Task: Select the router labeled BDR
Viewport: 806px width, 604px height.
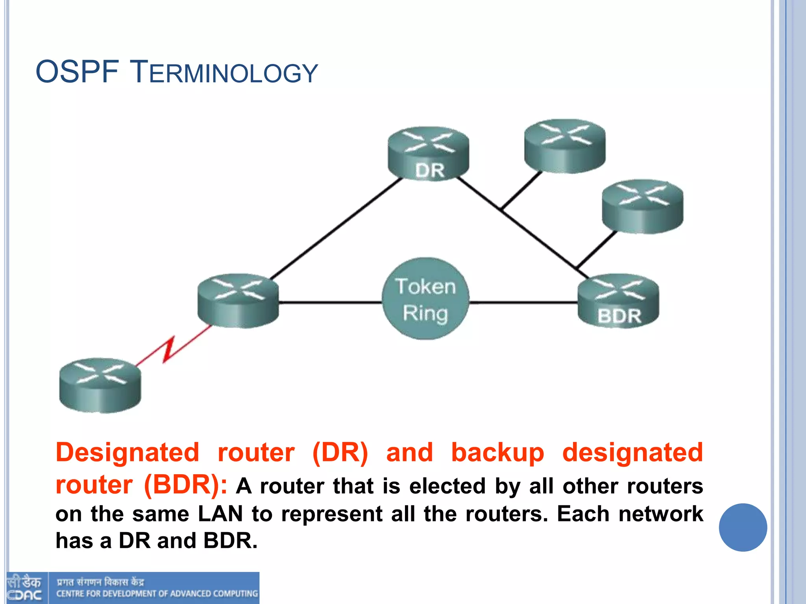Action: click(x=618, y=301)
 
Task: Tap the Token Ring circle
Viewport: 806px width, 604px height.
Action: click(x=425, y=299)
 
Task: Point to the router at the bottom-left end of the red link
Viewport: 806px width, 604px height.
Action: click(x=100, y=385)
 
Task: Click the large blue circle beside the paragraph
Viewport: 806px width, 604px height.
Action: click(x=743, y=527)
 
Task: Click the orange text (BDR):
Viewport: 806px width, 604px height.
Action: click(x=185, y=484)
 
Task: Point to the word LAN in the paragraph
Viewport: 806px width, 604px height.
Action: click(x=220, y=514)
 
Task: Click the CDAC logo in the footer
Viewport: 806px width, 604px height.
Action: click(x=24, y=588)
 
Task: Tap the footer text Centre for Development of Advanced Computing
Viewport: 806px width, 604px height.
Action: click(x=157, y=593)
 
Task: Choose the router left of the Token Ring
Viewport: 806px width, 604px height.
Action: click(x=238, y=301)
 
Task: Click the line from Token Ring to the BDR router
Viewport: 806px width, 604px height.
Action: click(x=523, y=302)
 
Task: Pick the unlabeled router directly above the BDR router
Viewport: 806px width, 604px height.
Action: click(x=642, y=206)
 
